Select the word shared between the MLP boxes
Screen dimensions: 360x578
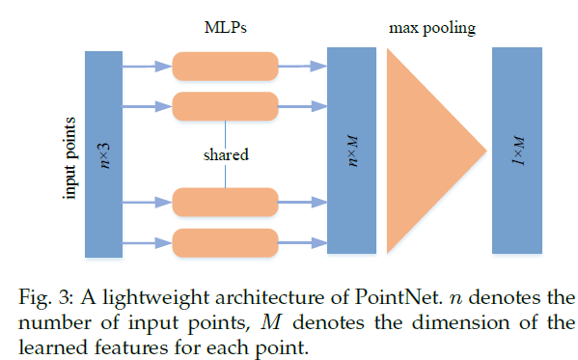pyautogui.click(x=224, y=153)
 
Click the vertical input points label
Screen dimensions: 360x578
pyautogui.click(x=69, y=154)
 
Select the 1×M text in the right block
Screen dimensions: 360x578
pyautogui.click(x=518, y=153)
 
